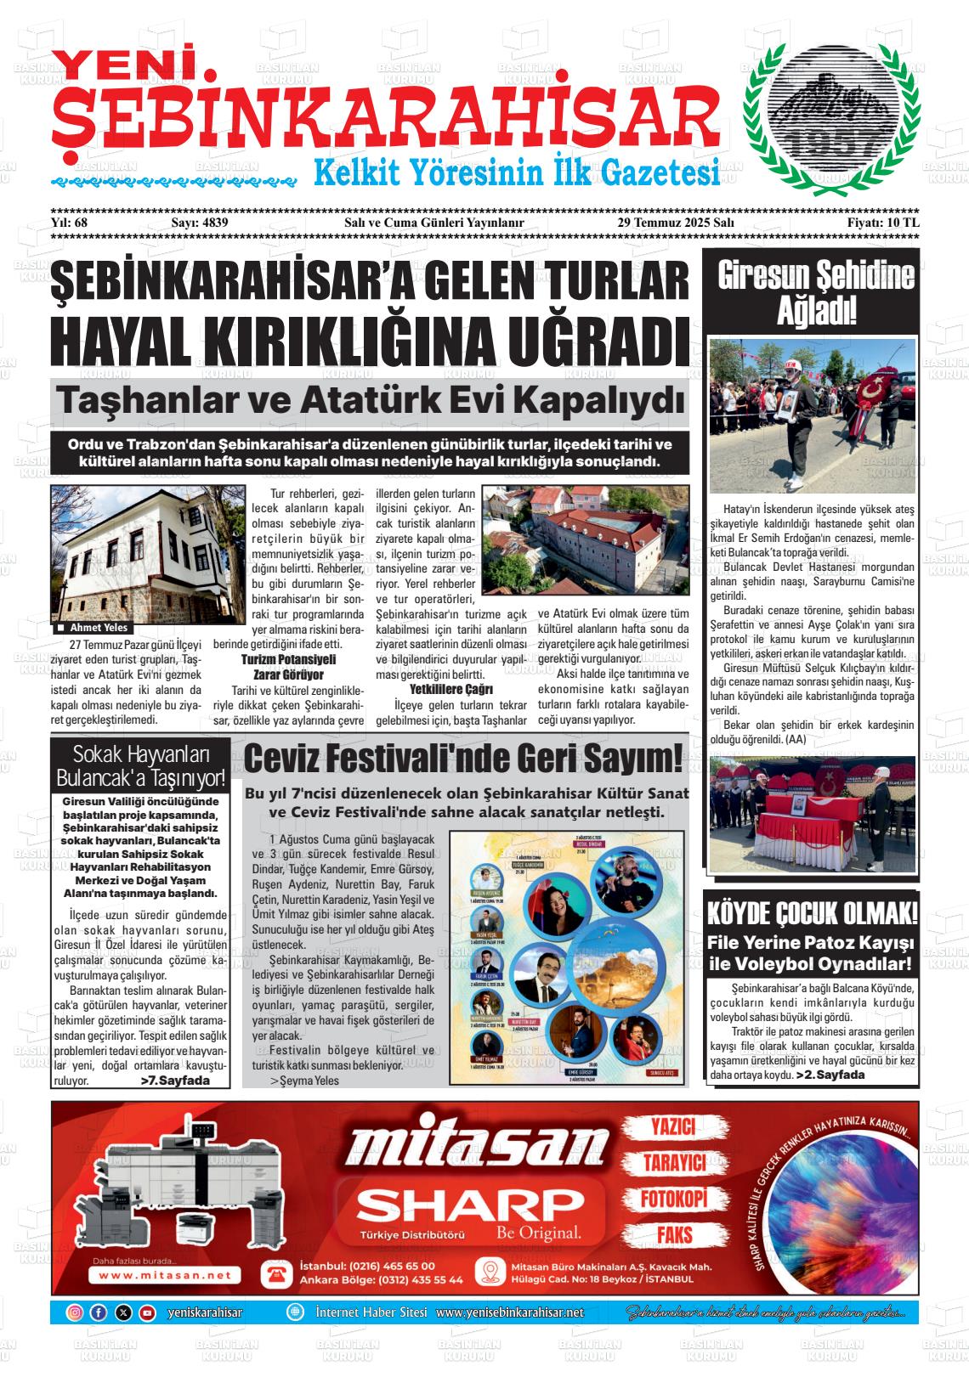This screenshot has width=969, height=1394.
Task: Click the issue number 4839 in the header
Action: coord(214,223)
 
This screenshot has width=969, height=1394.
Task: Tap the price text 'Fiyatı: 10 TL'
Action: coord(883,223)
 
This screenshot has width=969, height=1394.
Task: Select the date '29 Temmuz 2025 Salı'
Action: coord(675,223)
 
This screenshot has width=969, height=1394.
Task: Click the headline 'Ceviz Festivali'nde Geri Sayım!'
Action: coord(463,759)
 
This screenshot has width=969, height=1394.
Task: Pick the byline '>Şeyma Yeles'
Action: coord(303,1081)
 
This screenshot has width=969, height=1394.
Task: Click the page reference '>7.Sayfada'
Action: coord(174,1081)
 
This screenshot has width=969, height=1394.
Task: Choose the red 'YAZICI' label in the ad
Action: coord(672,1127)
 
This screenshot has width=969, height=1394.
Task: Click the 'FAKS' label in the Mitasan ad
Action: coord(674,1234)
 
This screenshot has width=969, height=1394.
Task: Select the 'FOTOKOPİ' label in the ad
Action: coord(673,1199)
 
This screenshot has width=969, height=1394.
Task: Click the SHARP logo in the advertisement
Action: coord(465,1204)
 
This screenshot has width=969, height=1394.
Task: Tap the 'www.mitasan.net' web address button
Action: coord(165,1275)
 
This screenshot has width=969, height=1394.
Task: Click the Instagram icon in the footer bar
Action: coord(75,1312)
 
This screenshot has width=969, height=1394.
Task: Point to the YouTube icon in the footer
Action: coord(147,1312)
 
